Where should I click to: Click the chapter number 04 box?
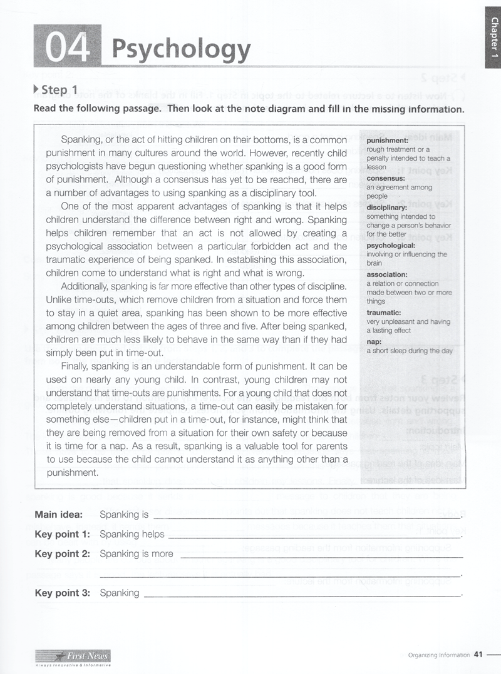(x=66, y=46)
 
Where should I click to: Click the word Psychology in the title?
(x=181, y=48)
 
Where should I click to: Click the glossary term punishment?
(x=387, y=141)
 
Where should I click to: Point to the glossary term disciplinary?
(x=387, y=208)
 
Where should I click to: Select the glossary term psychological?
(x=391, y=246)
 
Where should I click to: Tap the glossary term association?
(x=386, y=274)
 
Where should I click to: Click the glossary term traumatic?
(x=384, y=313)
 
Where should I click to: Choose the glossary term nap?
(x=374, y=342)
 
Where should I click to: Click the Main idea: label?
(x=58, y=515)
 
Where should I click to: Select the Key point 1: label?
(x=62, y=534)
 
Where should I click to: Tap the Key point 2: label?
(x=62, y=553)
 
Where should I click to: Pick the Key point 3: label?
(x=62, y=593)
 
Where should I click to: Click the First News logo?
(x=73, y=656)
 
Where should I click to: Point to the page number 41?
(x=479, y=655)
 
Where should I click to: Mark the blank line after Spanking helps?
(x=313, y=536)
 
